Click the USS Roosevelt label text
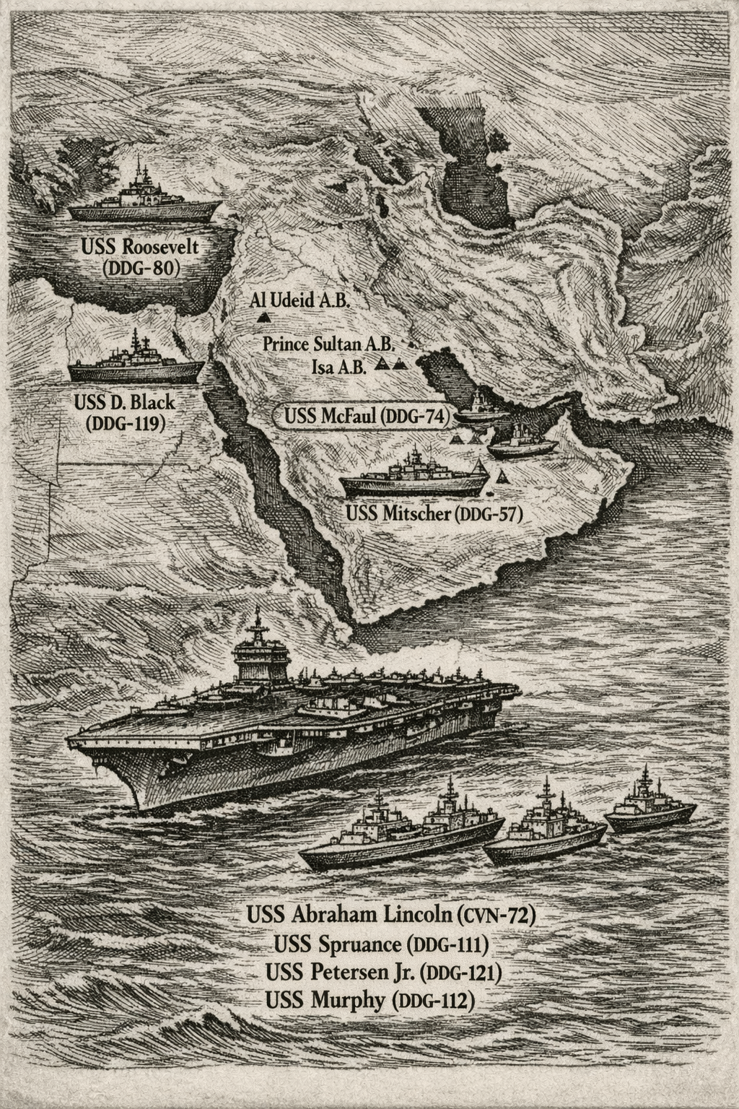point(139,247)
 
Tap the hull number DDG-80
point(141,269)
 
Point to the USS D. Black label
point(125,401)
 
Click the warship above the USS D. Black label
point(136,365)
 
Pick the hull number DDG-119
point(124,423)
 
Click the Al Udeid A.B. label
point(299,300)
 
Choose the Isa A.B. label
point(339,365)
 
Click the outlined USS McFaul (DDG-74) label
point(367,417)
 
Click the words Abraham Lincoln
point(374,914)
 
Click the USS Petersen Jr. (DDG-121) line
point(383,973)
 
